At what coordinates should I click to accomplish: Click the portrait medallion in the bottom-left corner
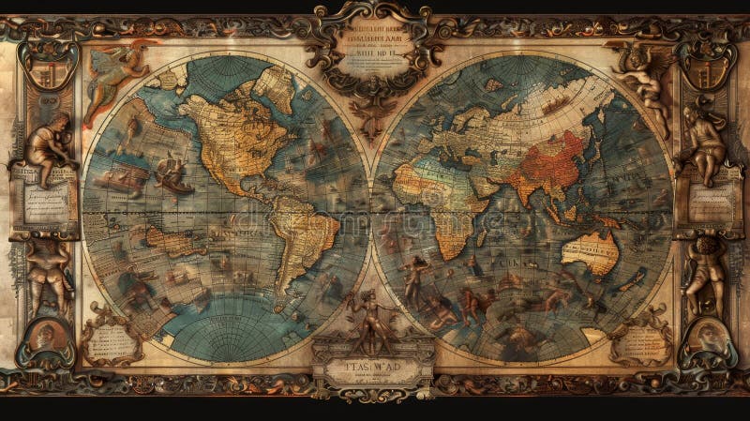click(44, 338)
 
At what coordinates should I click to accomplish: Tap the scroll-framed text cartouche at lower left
click(111, 343)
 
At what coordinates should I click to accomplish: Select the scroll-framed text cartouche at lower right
click(640, 341)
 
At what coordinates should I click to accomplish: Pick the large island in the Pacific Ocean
click(174, 242)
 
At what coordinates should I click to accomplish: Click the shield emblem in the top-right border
click(704, 62)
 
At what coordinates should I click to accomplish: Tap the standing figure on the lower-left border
click(47, 273)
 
